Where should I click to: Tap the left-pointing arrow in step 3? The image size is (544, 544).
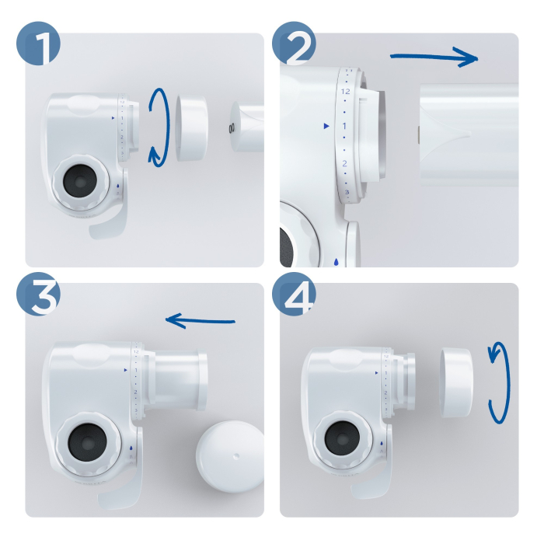pos(201,319)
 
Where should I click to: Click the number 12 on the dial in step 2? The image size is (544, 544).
pos(345,92)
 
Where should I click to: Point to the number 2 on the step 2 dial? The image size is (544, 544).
pos(343,162)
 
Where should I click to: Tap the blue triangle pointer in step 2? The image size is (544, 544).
pos(326,125)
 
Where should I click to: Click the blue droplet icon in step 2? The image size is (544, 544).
pos(336,262)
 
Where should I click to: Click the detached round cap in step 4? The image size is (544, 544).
pos(456,382)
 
